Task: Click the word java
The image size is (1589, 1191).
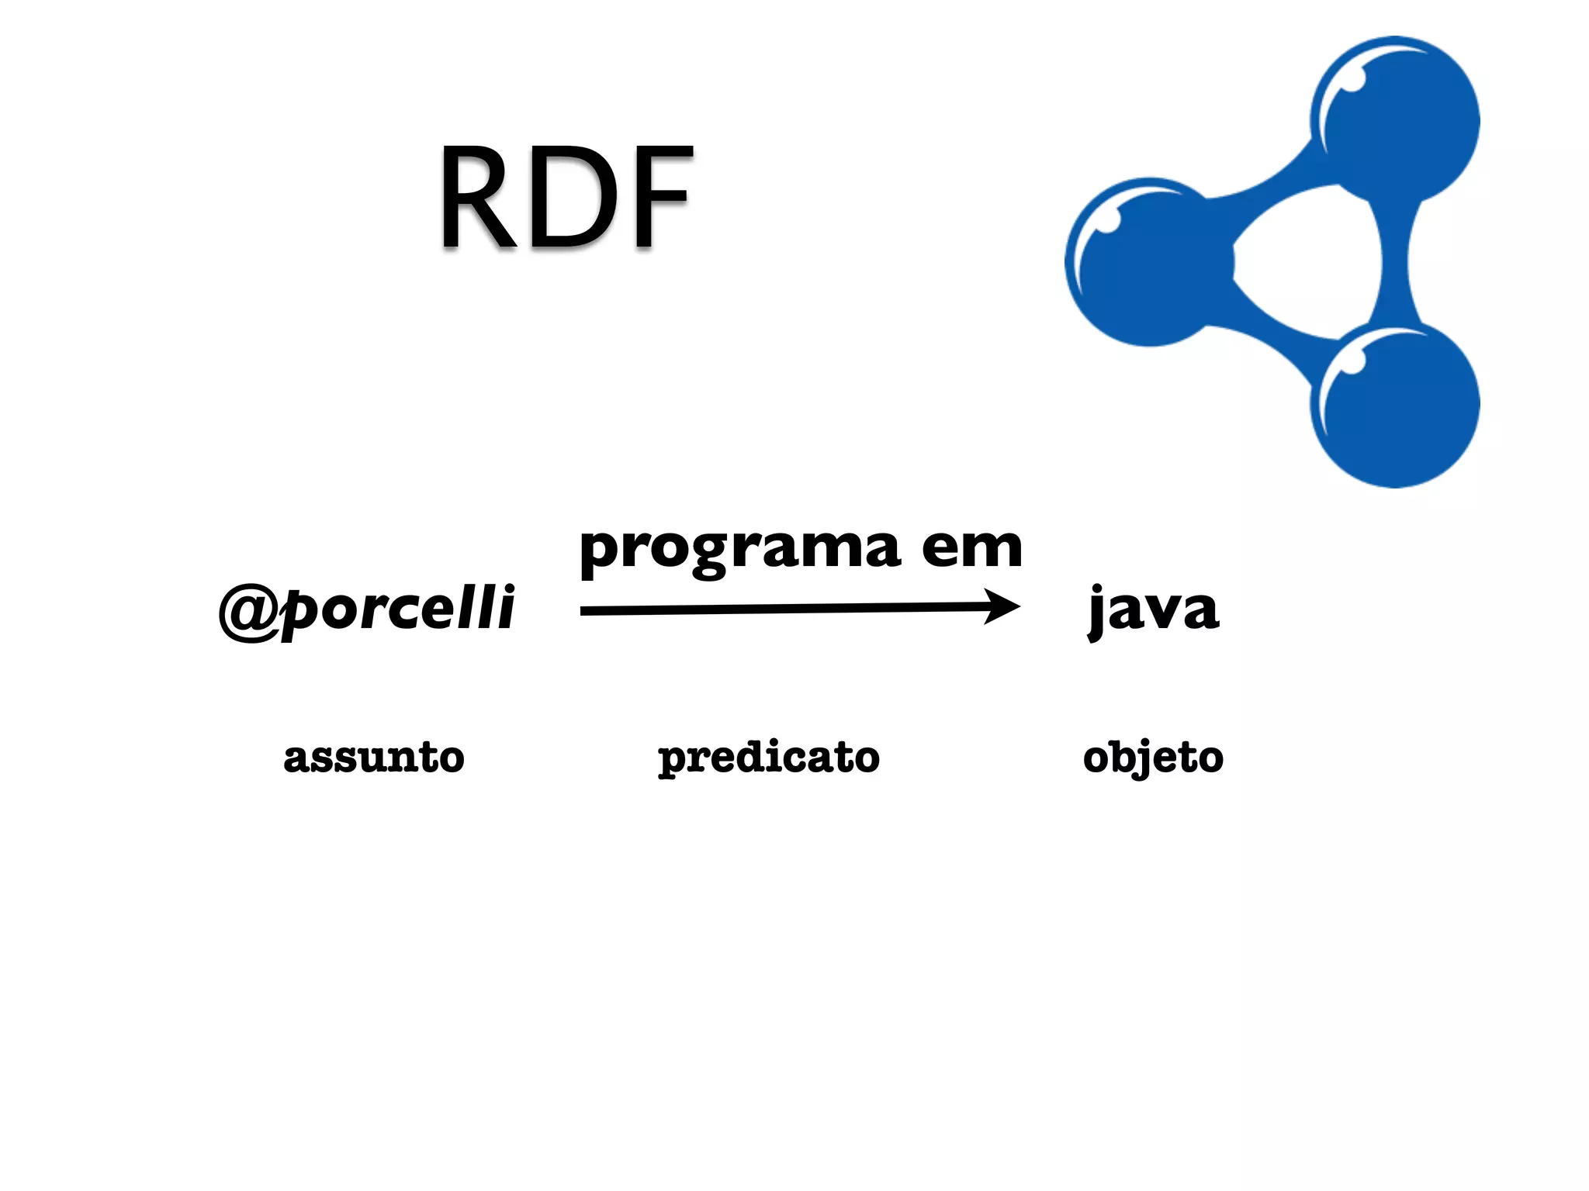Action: point(1154,610)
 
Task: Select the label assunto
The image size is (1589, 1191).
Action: point(374,758)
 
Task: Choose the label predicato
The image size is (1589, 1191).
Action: point(769,758)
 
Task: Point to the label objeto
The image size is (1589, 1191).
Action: point(1153,758)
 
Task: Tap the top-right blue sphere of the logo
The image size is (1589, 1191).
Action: point(1397,120)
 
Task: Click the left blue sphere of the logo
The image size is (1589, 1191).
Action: point(1148,262)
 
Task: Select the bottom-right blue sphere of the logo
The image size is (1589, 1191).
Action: point(1397,405)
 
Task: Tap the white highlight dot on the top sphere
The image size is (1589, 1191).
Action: point(1352,80)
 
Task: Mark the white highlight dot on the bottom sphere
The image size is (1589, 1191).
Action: point(1352,362)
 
